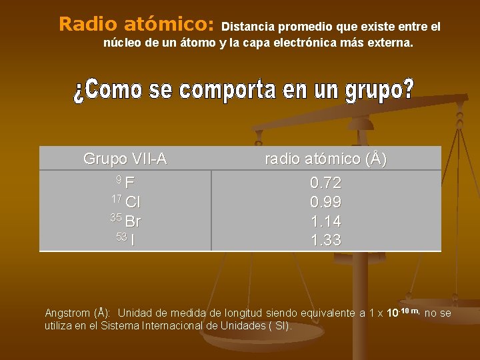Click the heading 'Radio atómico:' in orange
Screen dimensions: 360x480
click(x=136, y=25)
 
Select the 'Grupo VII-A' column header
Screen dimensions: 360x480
click(x=125, y=159)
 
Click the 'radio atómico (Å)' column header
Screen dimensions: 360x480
click(x=326, y=159)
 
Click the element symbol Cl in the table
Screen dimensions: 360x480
click(x=132, y=202)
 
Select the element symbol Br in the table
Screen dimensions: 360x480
click(x=133, y=221)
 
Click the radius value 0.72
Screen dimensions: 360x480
click(x=326, y=183)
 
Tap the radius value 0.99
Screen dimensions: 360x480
click(x=326, y=202)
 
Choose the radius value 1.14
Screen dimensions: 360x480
click(x=326, y=221)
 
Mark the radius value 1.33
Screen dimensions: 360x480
click(x=326, y=241)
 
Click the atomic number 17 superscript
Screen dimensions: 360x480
click(x=116, y=199)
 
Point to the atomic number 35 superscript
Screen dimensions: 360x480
click(x=116, y=218)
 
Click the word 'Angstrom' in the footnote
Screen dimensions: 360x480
click(x=67, y=313)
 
